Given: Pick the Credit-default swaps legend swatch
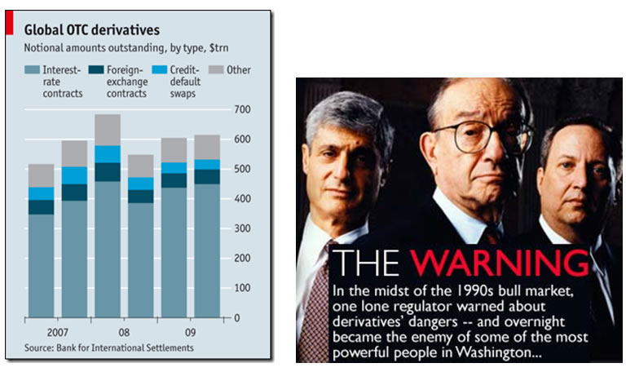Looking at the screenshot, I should coord(161,70).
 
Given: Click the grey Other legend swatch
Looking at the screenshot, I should coord(218,70).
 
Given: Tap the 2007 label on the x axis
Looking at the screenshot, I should coord(56,334).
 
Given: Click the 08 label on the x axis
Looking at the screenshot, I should coord(123,334).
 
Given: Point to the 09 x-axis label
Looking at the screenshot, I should coord(190,334).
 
